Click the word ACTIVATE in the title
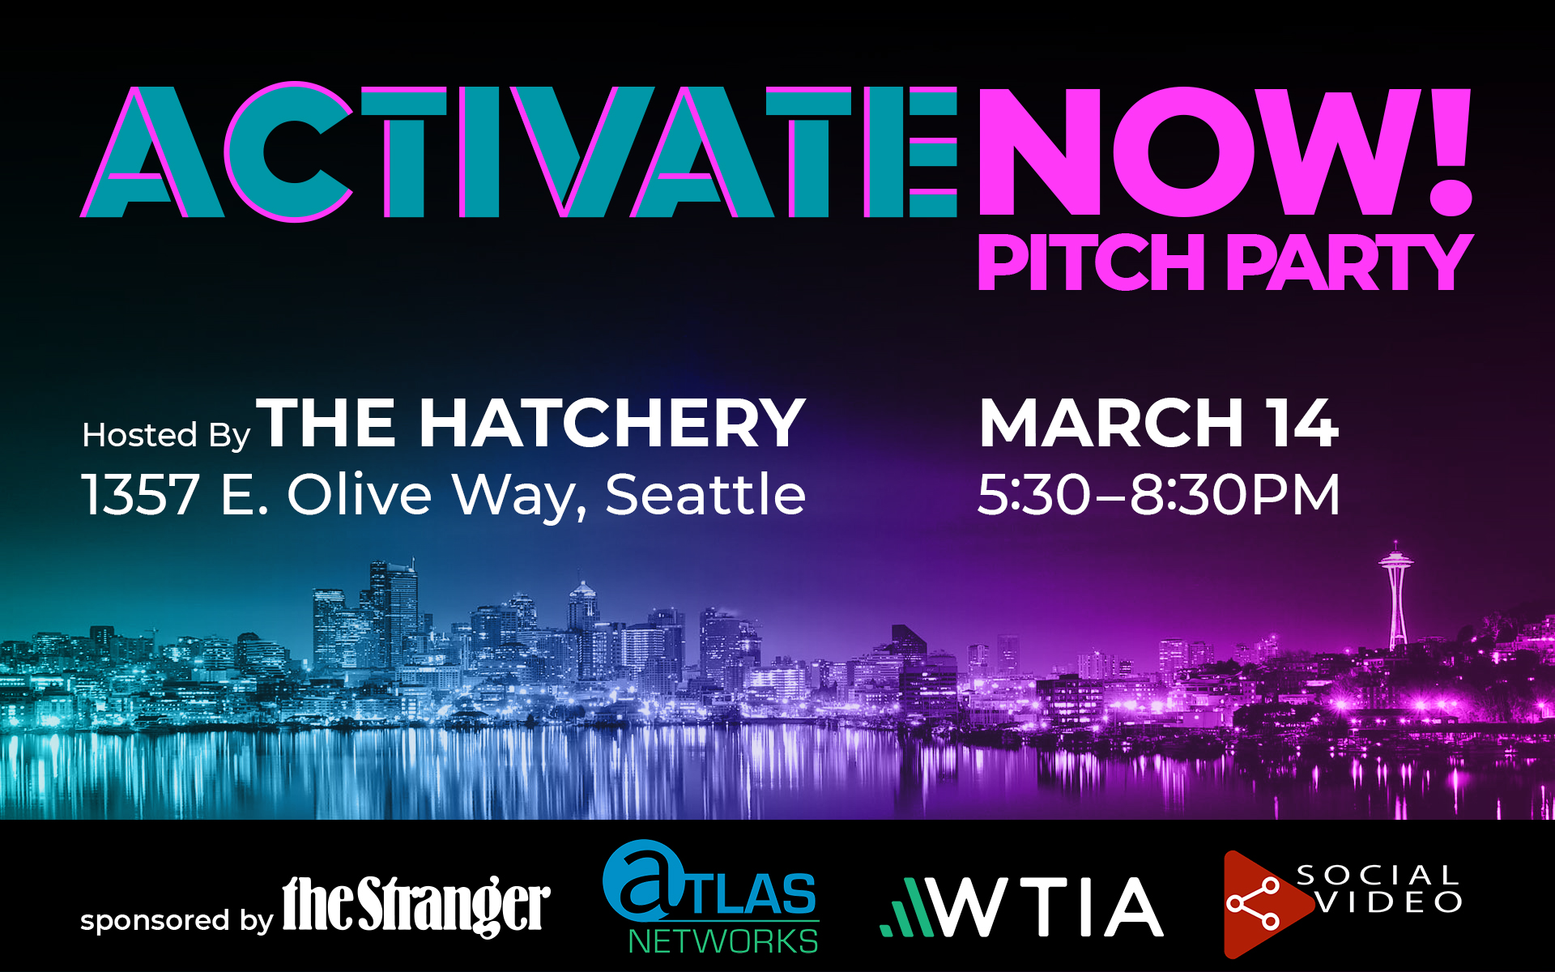coord(518,151)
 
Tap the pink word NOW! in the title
coord(1225,151)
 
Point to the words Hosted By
coord(166,435)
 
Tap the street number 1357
coord(140,494)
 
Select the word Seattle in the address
coord(705,493)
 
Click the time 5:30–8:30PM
coord(1159,494)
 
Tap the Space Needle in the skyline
coord(1396,595)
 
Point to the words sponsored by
coord(177,921)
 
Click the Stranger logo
coord(416,906)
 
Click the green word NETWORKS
coord(723,941)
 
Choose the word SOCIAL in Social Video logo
coord(1378,876)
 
